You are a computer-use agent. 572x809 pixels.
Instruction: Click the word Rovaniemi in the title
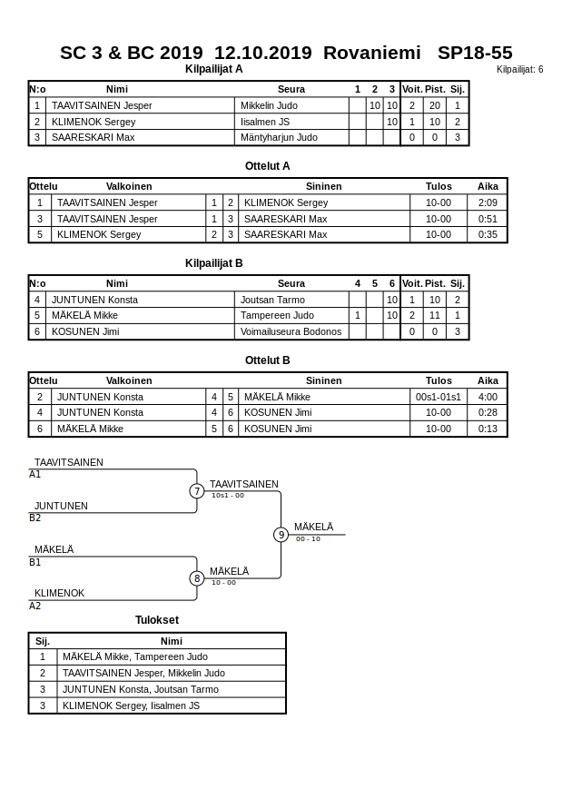pos(371,53)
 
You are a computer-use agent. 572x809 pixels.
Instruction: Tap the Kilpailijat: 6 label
pos(519,70)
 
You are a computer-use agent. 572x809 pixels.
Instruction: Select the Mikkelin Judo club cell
pos(269,105)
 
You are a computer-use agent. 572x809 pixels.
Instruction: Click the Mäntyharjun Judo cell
pos(279,138)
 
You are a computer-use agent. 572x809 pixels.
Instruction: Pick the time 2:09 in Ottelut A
pos(488,203)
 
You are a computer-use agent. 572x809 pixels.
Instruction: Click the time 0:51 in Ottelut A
pos(488,220)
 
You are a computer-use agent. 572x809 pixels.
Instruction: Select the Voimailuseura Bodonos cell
pos(291,332)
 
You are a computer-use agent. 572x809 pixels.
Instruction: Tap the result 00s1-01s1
pos(438,398)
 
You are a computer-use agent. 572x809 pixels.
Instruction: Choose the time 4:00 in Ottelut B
pos(488,398)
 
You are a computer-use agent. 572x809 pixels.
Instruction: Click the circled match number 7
pos(197,491)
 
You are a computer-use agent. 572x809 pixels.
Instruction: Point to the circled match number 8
pos(197,578)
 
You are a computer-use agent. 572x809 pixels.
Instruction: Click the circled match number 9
pos(281,535)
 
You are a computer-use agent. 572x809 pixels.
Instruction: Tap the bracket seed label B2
pos(35,518)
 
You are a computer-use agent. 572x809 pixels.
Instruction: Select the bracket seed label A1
pos(35,475)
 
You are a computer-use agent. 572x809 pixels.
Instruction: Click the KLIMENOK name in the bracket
pos(59,594)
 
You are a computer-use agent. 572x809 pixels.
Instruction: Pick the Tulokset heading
pos(157,621)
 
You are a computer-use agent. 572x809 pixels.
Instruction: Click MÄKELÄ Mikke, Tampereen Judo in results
pos(135,657)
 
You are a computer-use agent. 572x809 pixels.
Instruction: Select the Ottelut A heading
pos(268,166)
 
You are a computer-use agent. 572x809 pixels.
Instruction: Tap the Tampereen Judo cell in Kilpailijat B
pos(277,316)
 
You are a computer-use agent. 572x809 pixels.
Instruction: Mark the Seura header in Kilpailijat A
pos(291,89)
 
